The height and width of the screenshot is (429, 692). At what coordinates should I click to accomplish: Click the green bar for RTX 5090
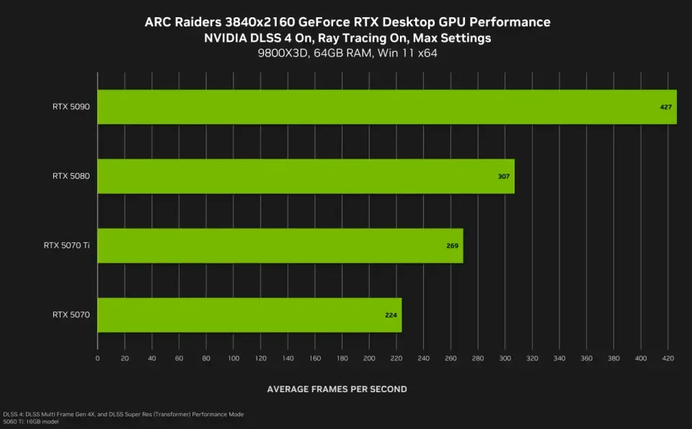[x=386, y=107]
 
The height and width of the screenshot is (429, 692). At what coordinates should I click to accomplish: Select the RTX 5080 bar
[x=306, y=176]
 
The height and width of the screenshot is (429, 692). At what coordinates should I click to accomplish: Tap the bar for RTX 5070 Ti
[x=280, y=246]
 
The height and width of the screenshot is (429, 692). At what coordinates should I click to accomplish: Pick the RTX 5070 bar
[x=249, y=315]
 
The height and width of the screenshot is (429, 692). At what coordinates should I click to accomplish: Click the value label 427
[x=666, y=107]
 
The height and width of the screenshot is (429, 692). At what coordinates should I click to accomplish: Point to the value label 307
[x=503, y=177]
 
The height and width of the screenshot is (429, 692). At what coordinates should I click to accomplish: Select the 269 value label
[x=452, y=246]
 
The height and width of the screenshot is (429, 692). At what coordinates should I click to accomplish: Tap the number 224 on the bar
[x=391, y=315]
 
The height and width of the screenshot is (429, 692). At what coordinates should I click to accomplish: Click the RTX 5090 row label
[x=71, y=107]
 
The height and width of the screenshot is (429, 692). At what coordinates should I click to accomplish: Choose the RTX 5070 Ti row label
[x=66, y=246]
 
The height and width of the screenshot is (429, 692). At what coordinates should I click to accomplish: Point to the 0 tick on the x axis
[x=97, y=358]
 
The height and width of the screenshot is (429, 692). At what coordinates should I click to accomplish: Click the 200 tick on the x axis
[x=369, y=358]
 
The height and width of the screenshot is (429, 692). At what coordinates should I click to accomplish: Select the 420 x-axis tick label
[x=668, y=358]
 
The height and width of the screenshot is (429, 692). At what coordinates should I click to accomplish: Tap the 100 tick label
[x=234, y=358]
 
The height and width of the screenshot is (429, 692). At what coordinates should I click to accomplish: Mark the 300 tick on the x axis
[x=505, y=358]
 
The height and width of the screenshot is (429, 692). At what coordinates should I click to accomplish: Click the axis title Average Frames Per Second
[x=337, y=389]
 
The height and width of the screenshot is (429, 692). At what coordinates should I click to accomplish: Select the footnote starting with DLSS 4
[x=123, y=414]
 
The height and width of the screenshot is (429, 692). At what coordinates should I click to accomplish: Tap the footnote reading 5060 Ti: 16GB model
[x=30, y=422]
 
